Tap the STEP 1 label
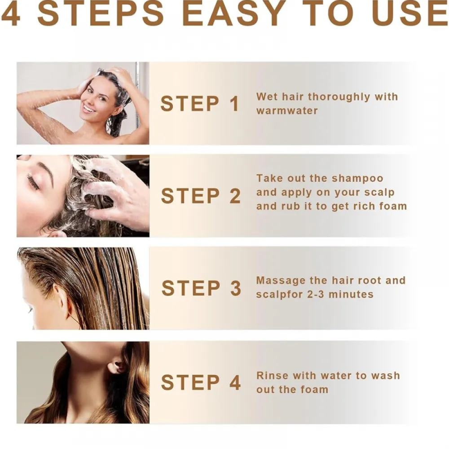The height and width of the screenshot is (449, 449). (200, 104)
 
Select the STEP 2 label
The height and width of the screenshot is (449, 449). (201, 196)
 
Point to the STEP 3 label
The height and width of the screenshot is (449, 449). (201, 288)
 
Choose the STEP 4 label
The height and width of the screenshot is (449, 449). (201, 383)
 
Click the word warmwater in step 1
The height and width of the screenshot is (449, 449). (287, 111)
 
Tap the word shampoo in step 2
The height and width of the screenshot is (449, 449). (357, 178)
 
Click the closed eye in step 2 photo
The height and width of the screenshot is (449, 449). (33, 182)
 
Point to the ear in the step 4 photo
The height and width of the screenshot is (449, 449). (118, 366)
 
